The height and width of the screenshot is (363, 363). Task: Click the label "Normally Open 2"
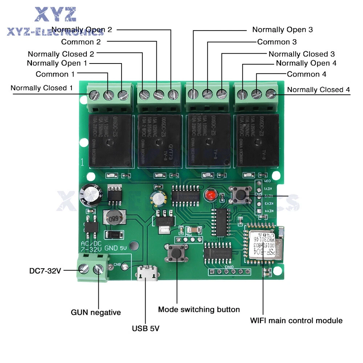point(82,30)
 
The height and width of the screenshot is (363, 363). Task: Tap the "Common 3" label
point(277,42)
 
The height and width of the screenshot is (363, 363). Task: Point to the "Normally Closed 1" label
point(41,88)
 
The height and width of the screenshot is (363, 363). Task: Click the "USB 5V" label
point(146,329)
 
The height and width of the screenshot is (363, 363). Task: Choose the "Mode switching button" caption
point(199,310)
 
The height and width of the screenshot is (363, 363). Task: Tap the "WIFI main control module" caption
point(296,321)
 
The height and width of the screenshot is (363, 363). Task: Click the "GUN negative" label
point(95,312)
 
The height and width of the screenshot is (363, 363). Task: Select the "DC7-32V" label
point(45,271)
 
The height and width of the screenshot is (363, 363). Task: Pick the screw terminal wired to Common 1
point(108,95)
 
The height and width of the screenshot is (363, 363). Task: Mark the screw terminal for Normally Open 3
point(193,94)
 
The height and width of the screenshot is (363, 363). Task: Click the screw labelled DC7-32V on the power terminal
point(84,269)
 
